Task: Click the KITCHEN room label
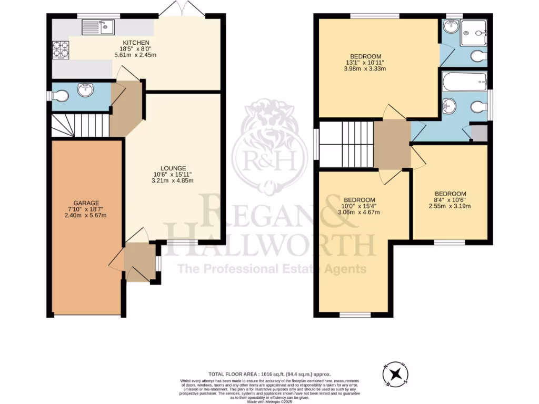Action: [136, 43]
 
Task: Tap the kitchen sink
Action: [98, 26]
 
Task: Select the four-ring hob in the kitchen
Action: [61, 49]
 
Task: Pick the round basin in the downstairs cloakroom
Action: [85, 90]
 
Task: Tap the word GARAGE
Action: [86, 203]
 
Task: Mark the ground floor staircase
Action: [81, 126]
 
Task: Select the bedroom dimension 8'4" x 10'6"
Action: [451, 200]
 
